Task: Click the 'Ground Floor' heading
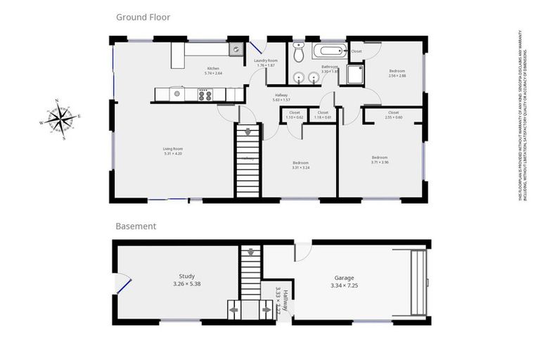tap(143, 17)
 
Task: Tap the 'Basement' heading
tap(136, 226)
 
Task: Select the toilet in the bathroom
tap(299, 52)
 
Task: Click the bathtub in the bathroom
tap(330, 51)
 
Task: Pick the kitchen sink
tap(236, 49)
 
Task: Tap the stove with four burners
tap(205, 94)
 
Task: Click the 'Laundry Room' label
tap(266, 61)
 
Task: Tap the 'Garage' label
tap(344, 278)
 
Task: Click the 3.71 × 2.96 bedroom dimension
tap(380, 162)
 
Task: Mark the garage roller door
tap(419, 283)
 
